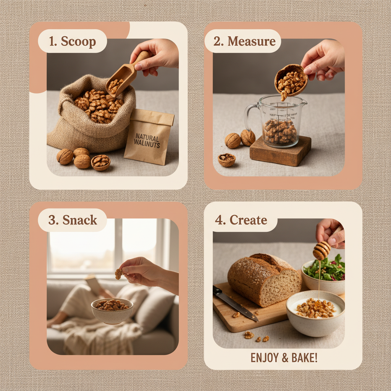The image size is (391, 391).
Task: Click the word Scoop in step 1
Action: click(x=79, y=41)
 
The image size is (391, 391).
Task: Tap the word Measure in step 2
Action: click(x=252, y=41)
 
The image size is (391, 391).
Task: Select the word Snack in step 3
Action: click(x=80, y=220)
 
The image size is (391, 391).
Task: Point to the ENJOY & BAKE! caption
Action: click(x=284, y=358)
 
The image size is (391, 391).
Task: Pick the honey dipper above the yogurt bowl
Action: click(x=322, y=250)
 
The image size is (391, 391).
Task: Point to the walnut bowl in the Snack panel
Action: click(x=112, y=310)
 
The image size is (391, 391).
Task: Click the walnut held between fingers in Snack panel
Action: click(x=119, y=273)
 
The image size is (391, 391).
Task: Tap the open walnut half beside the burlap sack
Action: click(x=101, y=162)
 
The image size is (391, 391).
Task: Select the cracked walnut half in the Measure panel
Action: click(x=226, y=160)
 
